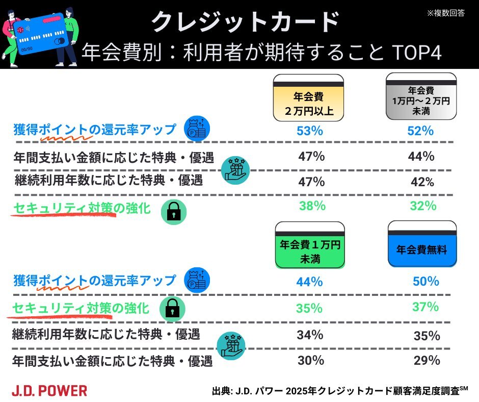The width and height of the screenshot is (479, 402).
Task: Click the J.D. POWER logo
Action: pos(49,391)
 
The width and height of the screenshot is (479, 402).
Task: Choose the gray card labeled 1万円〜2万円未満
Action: pos(420,96)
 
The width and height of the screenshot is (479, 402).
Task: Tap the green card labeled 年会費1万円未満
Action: pos(310,245)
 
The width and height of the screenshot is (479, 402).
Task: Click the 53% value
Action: pos(310,131)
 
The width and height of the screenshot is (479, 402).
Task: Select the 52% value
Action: pos(420,131)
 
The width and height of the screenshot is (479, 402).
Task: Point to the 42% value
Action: pos(420,182)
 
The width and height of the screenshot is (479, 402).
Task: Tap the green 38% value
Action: pos(312,206)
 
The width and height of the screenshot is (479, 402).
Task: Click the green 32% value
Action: pos(423,206)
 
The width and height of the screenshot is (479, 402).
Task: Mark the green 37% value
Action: pos(425,307)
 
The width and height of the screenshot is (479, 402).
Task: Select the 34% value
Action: pos(310,335)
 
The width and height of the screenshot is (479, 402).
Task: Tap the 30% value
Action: pos(311,360)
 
